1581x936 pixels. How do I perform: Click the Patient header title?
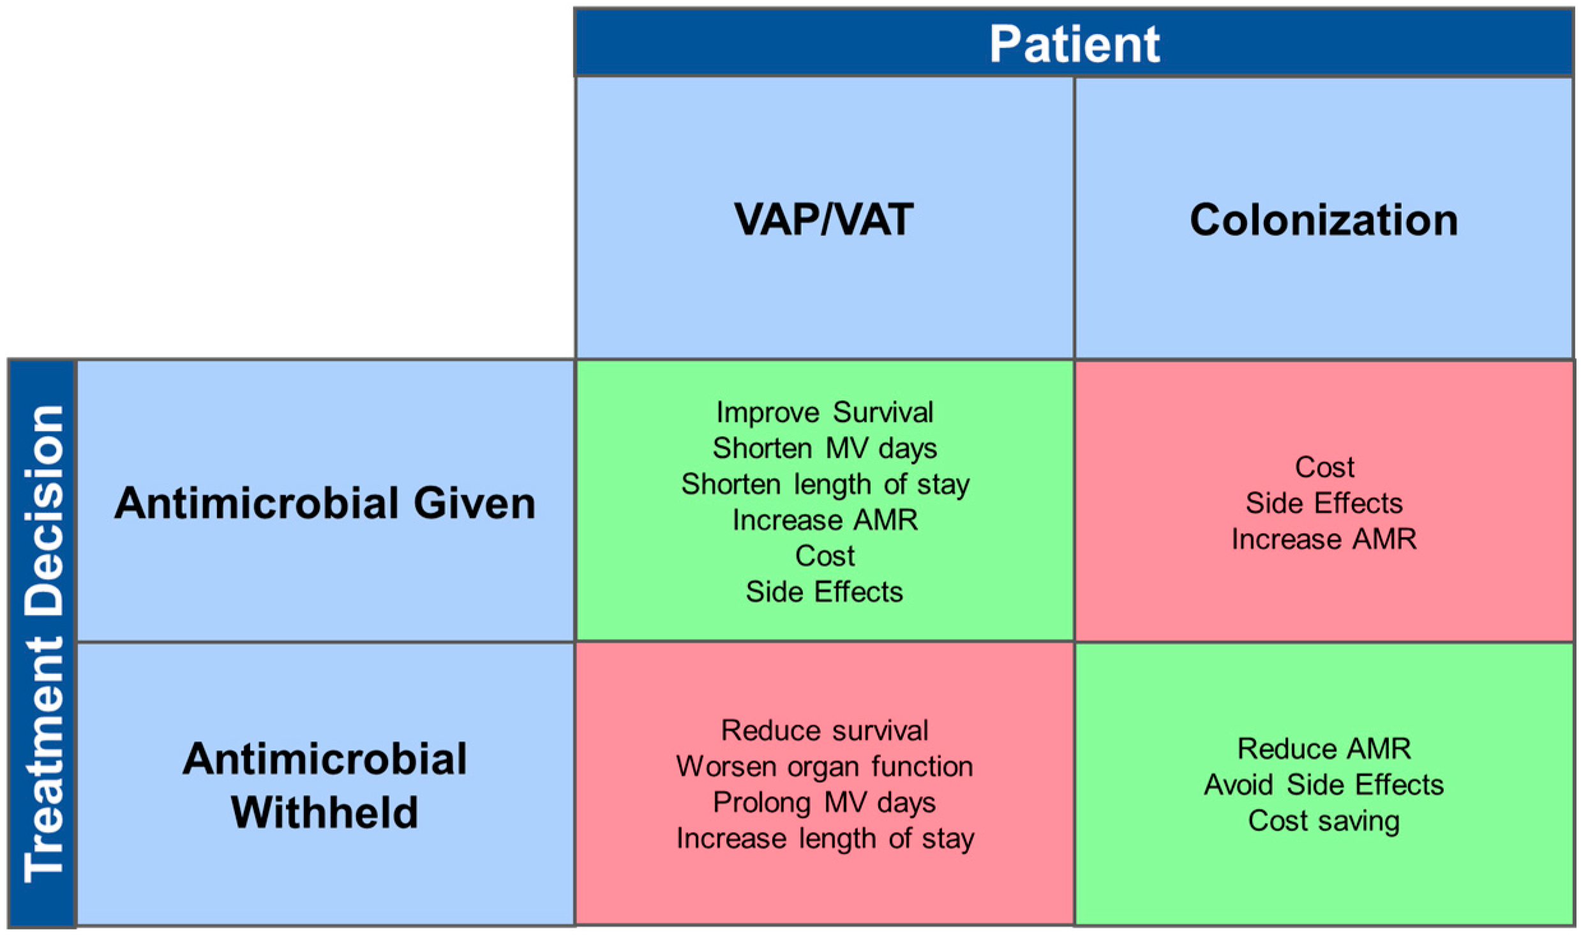(x=1074, y=44)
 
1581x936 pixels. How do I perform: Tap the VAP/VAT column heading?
(x=823, y=219)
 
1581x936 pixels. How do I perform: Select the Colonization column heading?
(x=1323, y=220)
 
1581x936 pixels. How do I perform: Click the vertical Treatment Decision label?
(x=43, y=643)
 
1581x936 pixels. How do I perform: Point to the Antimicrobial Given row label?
(x=325, y=502)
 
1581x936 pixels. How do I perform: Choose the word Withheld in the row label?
(x=325, y=812)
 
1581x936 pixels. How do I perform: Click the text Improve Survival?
(x=825, y=412)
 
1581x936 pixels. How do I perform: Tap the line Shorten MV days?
(x=825, y=448)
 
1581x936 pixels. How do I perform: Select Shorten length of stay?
(x=825, y=484)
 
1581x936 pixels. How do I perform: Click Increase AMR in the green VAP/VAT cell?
(x=825, y=520)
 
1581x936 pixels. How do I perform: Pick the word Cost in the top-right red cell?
(x=1324, y=467)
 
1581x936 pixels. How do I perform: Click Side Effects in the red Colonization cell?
(x=1324, y=503)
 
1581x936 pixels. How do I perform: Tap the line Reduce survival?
(x=825, y=730)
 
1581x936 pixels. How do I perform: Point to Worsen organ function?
(x=825, y=766)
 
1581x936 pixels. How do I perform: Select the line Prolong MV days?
(x=825, y=802)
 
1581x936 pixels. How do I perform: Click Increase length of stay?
(x=825, y=838)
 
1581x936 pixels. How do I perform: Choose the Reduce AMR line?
(x=1324, y=748)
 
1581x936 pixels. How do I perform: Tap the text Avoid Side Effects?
(x=1324, y=784)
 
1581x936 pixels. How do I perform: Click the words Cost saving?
(x=1324, y=820)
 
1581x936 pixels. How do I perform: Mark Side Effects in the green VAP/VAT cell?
(x=825, y=592)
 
